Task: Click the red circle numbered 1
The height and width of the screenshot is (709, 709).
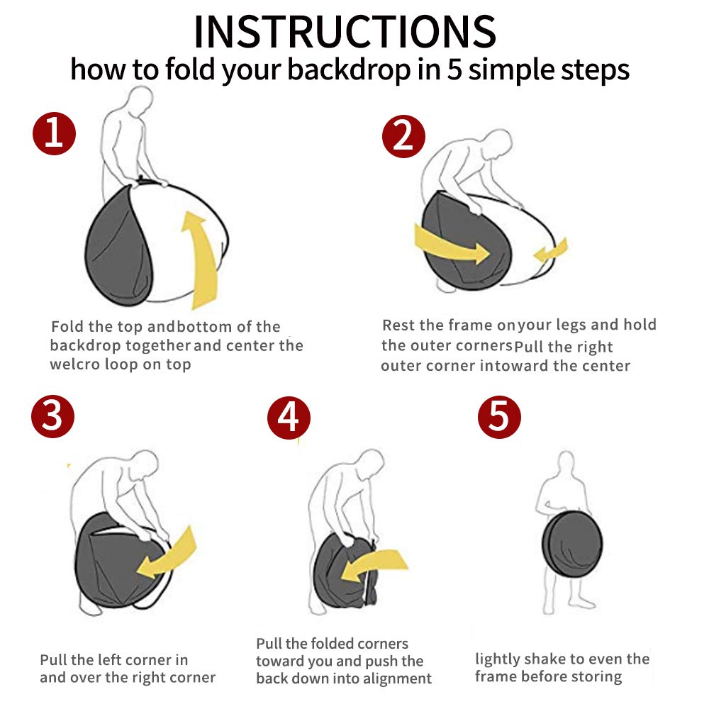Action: click(55, 133)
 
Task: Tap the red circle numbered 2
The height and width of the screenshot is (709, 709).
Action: click(404, 136)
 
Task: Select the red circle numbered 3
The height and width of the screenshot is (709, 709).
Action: click(53, 416)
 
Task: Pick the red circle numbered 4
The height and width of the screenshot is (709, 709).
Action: click(289, 418)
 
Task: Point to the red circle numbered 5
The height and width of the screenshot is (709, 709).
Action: click(499, 416)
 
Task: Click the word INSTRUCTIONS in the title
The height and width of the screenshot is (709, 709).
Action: click(345, 32)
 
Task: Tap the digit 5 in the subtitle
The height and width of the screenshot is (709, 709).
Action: click(454, 69)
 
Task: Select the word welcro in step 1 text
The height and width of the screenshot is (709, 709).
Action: click(75, 364)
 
